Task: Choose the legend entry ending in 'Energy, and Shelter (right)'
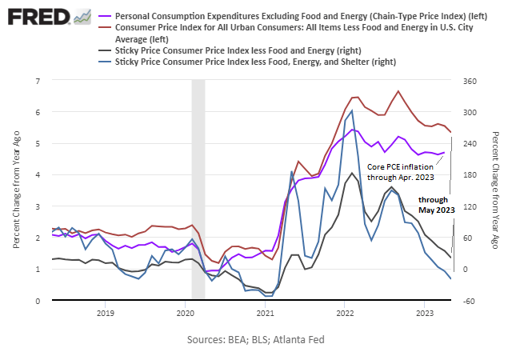coord(256,62)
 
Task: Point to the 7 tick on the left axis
coord(38,81)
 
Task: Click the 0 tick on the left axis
coord(38,301)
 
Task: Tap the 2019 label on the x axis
coord(105,312)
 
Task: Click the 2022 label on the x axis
coord(345,312)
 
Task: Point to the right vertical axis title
coord(496,190)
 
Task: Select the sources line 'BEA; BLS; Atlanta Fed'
coord(256,340)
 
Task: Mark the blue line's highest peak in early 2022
coord(352,110)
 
